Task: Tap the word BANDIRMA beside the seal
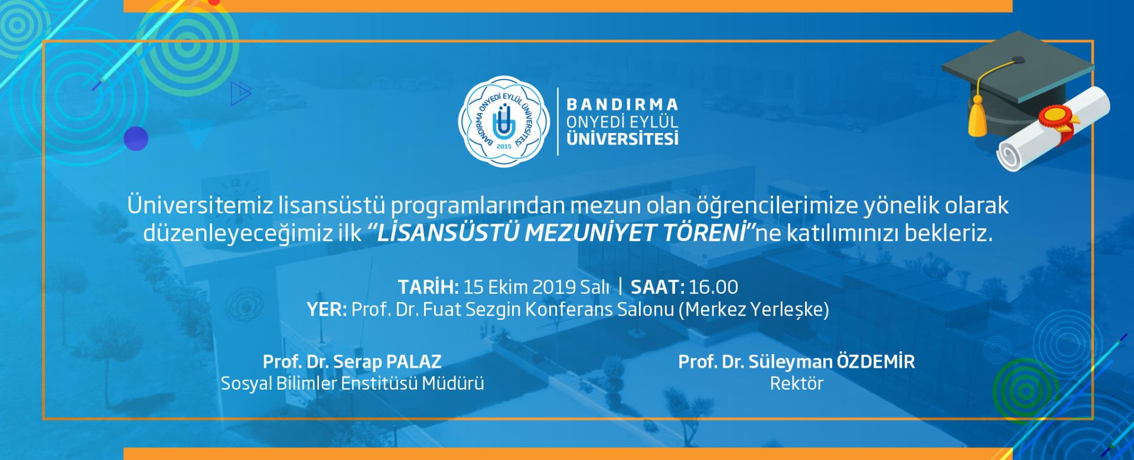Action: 623,105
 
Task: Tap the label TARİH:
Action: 428,287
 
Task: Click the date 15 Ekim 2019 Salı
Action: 536,287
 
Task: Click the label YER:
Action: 327,310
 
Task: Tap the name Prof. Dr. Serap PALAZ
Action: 352,362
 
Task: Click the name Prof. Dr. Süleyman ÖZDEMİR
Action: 796,362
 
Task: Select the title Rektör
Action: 796,383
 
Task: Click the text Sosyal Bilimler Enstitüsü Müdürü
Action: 353,384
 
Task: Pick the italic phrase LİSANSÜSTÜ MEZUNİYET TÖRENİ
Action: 560,234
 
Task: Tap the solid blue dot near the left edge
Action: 136,138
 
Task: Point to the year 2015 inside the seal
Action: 504,145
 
